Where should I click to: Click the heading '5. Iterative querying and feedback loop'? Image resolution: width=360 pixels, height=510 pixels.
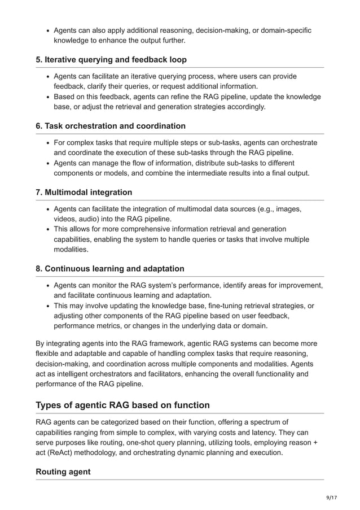click(111, 59)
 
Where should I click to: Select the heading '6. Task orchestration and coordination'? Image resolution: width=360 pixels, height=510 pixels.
click(111, 125)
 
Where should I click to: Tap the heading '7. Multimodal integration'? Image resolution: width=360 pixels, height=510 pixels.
click(84, 192)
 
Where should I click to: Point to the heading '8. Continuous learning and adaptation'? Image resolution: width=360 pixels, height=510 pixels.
click(110, 268)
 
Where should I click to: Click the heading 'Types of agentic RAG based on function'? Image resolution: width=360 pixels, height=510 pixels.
click(122, 405)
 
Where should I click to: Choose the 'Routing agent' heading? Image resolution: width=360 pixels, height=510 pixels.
click(63, 471)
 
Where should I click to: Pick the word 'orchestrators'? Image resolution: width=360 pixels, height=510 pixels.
click(112, 374)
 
